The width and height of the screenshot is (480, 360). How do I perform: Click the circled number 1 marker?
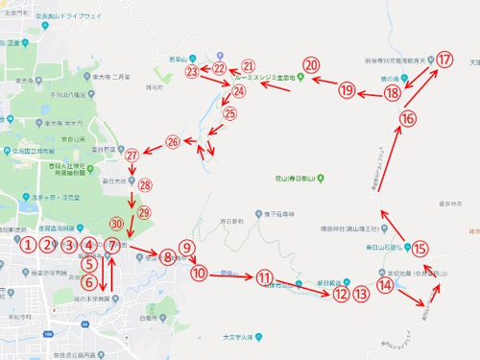[30, 245]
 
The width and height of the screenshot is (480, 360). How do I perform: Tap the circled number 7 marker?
[112, 246]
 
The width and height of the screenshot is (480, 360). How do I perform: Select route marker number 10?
[199, 274]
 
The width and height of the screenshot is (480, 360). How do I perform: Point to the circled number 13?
[361, 294]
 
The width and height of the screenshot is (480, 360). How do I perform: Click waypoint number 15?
[420, 248]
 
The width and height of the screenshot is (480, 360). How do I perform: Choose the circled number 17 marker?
[444, 60]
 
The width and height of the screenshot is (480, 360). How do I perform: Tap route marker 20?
[310, 65]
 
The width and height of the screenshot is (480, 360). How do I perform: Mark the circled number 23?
[192, 71]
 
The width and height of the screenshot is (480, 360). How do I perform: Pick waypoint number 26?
[173, 142]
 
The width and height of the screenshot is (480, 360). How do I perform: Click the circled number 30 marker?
[116, 224]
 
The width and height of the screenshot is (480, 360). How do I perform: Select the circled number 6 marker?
[89, 282]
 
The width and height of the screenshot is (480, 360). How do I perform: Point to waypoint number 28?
[145, 185]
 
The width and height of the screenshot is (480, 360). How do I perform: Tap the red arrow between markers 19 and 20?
[324, 82]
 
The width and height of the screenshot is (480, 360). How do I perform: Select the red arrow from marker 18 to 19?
[371, 93]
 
